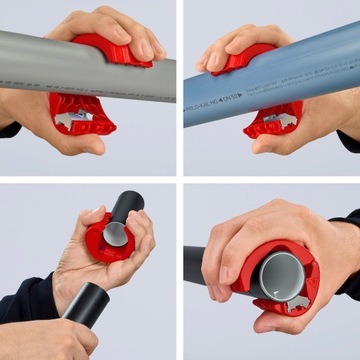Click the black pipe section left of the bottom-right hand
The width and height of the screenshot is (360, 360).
click(194, 265)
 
